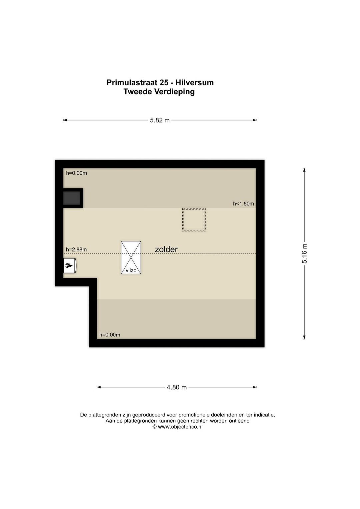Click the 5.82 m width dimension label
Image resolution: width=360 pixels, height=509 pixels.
coord(160,120)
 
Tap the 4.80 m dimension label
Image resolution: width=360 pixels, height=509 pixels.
coord(177,387)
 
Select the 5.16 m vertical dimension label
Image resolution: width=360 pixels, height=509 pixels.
coord(304,254)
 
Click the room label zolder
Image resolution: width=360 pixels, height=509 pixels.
coord(166,249)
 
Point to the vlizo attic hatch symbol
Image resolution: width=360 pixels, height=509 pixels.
coord(131,257)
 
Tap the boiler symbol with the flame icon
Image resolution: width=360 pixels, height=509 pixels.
coord(70,265)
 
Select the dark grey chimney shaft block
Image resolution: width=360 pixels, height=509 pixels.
coord(72,198)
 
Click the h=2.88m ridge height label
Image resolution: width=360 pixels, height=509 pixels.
coord(76,250)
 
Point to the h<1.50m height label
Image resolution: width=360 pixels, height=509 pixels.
coord(243,204)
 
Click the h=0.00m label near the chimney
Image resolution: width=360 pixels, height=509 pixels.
coord(76,173)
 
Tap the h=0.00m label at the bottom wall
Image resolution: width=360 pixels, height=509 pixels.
coord(110,335)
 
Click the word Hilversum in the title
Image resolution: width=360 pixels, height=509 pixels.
coord(194,83)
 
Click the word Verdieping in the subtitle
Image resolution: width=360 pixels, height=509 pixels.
coord(174,92)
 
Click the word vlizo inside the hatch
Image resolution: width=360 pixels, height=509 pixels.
coord(131,270)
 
